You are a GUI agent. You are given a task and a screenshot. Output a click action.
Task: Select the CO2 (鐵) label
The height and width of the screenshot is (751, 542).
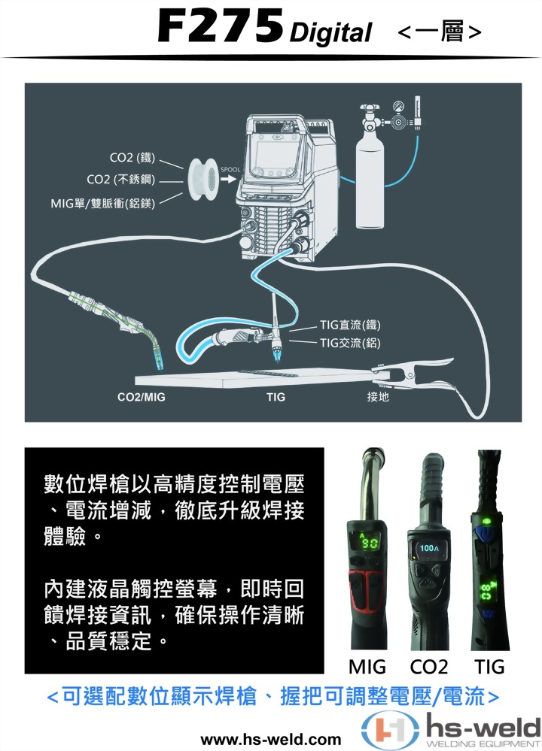[x=132, y=157]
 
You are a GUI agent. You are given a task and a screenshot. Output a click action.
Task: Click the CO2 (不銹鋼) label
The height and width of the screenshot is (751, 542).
[x=120, y=180]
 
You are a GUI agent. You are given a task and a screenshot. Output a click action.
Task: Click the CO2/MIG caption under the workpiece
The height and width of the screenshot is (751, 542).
[x=142, y=396]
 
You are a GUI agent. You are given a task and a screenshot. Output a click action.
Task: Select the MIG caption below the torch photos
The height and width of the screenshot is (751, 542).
[x=367, y=666]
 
